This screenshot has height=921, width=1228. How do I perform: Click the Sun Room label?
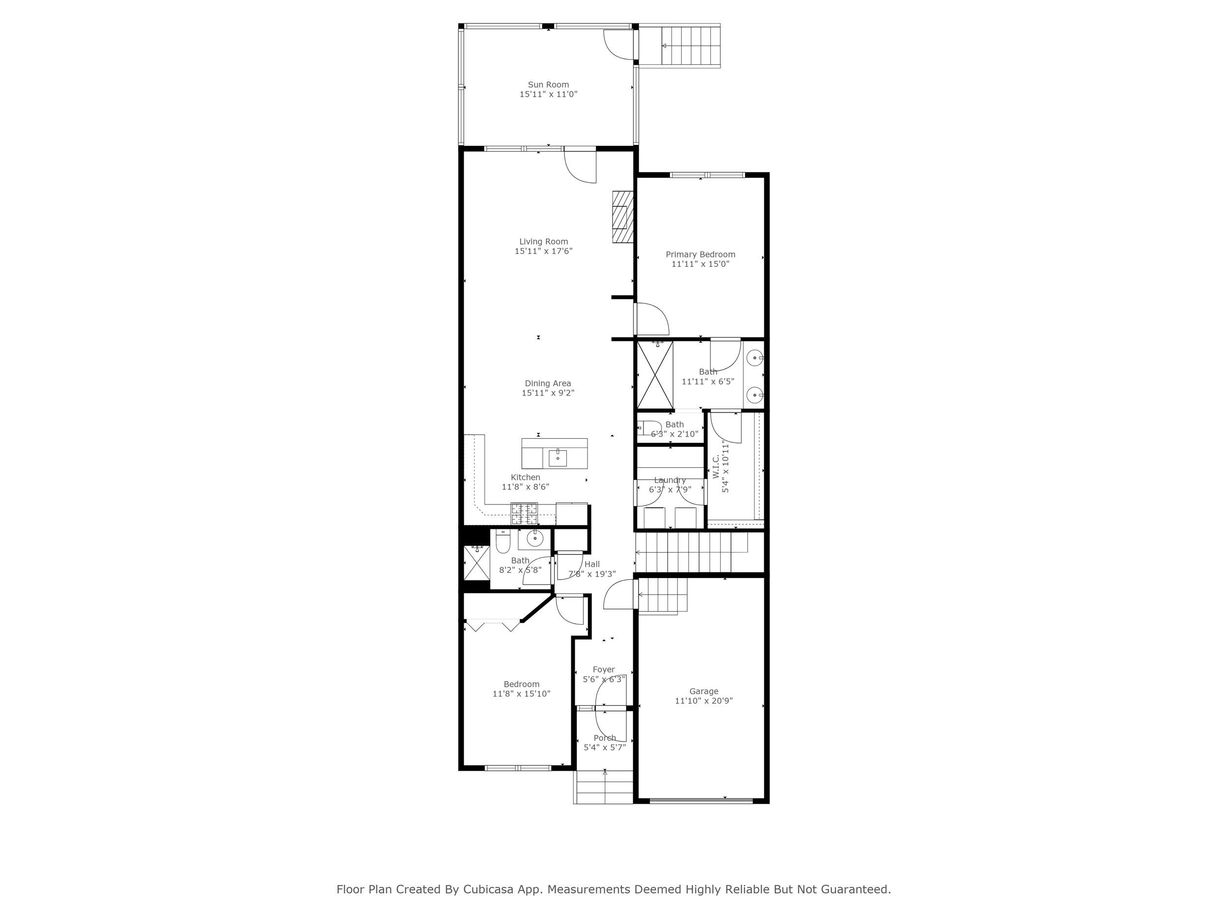coord(548,85)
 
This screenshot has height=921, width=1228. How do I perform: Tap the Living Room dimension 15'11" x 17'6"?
coord(543,251)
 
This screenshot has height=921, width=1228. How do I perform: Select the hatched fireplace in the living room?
coord(623,217)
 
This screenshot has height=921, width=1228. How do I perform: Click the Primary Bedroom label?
coord(700,254)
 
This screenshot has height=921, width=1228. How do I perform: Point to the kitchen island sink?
coord(558,458)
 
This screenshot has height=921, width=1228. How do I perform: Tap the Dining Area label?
coord(547,384)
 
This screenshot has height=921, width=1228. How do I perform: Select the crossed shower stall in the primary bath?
coord(655,375)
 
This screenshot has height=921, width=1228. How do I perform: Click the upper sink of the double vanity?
coord(755,359)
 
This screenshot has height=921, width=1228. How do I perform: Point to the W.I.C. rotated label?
coord(716,466)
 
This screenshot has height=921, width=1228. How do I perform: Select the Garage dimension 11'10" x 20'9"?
coord(703,700)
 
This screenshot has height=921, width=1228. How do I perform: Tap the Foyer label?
coord(604,670)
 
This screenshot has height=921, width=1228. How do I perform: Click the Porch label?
coord(605,738)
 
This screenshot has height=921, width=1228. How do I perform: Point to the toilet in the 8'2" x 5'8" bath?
coord(503,544)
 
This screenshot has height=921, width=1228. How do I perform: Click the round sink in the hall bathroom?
coord(534,538)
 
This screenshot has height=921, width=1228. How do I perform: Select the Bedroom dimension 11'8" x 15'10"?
coord(521,694)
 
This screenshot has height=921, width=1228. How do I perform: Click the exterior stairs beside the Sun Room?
coord(690,46)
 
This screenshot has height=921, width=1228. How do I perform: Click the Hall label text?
coord(592,564)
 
